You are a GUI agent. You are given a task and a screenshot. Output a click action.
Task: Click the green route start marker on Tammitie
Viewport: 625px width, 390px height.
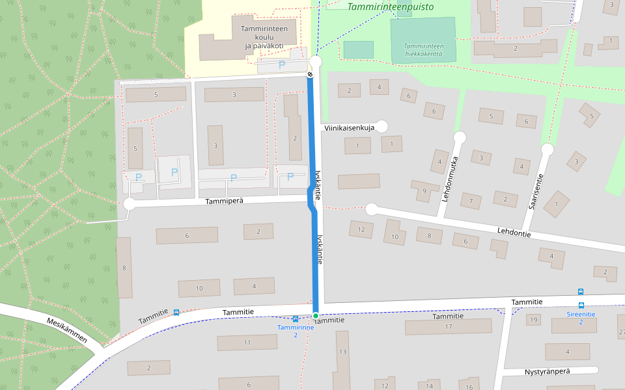point(316,316)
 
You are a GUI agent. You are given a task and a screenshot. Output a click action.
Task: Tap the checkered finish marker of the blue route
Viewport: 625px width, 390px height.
point(311,75)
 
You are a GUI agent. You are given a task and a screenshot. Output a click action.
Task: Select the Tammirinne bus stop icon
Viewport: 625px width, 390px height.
point(296,318)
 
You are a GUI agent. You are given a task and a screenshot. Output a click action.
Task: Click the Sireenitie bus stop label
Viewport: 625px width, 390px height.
point(581,314)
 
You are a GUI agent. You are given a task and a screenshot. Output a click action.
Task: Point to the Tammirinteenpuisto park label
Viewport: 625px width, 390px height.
point(391,7)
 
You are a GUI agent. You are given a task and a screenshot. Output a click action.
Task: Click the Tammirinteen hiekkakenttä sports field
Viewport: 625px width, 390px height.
point(423,40)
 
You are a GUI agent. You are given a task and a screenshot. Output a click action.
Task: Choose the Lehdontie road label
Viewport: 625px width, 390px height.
point(514,233)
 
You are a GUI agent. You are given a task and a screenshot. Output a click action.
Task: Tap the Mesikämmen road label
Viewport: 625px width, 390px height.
point(66,331)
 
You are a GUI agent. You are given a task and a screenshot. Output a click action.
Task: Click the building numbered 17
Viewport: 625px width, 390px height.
point(448,326)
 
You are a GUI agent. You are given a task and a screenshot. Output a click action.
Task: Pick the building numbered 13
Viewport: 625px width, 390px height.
point(342,351)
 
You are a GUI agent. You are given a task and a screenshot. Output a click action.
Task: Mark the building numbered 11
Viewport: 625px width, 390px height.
point(247,343)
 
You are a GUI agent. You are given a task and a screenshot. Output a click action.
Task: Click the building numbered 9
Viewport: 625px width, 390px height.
point(424,190)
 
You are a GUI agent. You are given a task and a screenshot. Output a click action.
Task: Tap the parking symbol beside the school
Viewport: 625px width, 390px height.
point(282,65)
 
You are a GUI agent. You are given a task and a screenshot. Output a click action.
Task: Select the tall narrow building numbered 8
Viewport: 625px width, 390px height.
point(124,267)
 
